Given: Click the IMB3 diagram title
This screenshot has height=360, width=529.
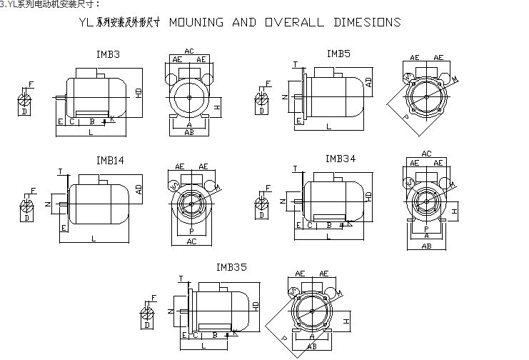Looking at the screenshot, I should [108, 54].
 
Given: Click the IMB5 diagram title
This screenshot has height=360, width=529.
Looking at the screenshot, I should [338, 53].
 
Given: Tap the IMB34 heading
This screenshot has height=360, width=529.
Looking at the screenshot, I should [341, 158].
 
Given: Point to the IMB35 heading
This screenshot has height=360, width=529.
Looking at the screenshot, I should [231, 267].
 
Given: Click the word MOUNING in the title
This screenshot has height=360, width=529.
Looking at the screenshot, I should [196, 23].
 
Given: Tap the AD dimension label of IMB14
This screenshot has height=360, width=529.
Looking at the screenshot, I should [138, 189].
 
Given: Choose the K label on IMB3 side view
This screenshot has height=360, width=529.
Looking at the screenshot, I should [113, 118].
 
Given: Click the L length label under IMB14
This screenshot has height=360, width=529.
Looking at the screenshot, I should [94, 239].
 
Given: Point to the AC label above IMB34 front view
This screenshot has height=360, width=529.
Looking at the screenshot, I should [426, 154].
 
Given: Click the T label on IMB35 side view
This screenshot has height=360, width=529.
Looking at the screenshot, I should [181, 279].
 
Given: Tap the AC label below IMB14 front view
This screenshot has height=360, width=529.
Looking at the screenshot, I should [191, 242].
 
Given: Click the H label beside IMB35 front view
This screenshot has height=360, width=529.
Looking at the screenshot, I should [346, 322].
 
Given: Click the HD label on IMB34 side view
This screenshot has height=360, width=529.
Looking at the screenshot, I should [369, 195].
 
